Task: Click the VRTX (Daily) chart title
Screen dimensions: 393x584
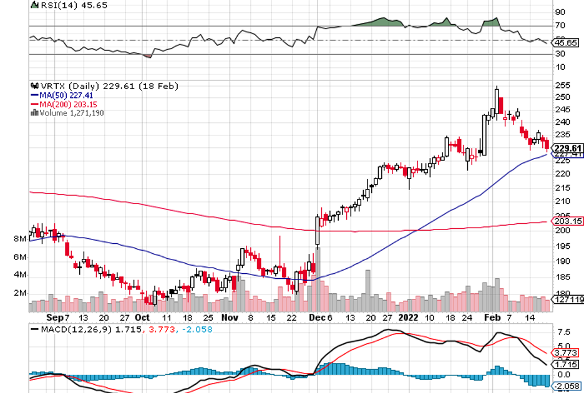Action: click(75, 86)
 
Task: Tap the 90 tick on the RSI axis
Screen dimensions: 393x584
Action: click(560, 12)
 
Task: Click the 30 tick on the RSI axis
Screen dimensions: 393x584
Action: click(560, 54)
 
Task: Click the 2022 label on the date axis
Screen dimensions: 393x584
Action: click(409, 316)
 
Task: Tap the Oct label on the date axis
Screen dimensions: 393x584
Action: click(143, 316)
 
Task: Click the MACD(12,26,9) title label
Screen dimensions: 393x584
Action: click(68, 329)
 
